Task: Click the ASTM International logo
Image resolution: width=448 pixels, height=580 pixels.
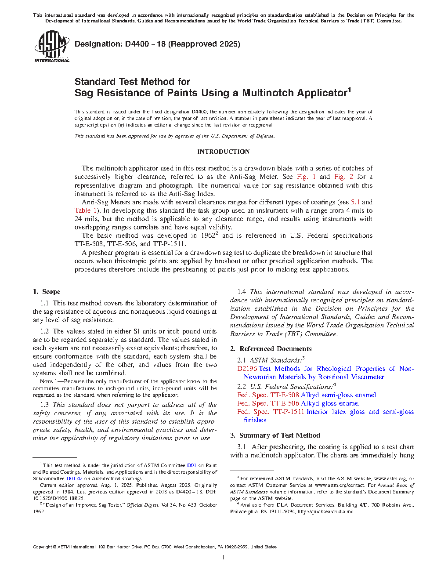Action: [52, 46]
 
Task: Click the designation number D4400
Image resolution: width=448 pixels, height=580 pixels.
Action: [137, 44]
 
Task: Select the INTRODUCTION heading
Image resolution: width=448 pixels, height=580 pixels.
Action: [223, 152]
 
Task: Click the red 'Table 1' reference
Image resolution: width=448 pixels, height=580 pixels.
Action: [86, 210]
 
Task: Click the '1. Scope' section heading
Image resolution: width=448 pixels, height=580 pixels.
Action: [47, 292]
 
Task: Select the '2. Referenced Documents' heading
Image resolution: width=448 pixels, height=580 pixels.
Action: [271, 349]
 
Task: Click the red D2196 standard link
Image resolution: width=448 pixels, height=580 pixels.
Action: [247, 369]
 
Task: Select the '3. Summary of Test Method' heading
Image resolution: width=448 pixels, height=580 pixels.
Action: [275, 435]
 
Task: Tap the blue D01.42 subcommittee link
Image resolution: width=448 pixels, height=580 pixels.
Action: [74, 478]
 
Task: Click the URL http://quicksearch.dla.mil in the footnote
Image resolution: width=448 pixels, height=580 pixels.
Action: [325, 511]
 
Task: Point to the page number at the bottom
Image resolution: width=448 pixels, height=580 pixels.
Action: [224, 558]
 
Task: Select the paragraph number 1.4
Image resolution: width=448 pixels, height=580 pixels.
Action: [242, 292]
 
